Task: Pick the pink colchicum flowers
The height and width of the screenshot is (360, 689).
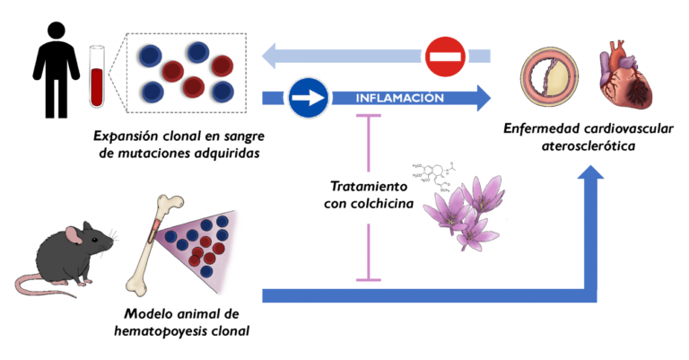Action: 467,215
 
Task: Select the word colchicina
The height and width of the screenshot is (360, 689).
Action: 383,206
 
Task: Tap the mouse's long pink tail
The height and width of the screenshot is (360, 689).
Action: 36,286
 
